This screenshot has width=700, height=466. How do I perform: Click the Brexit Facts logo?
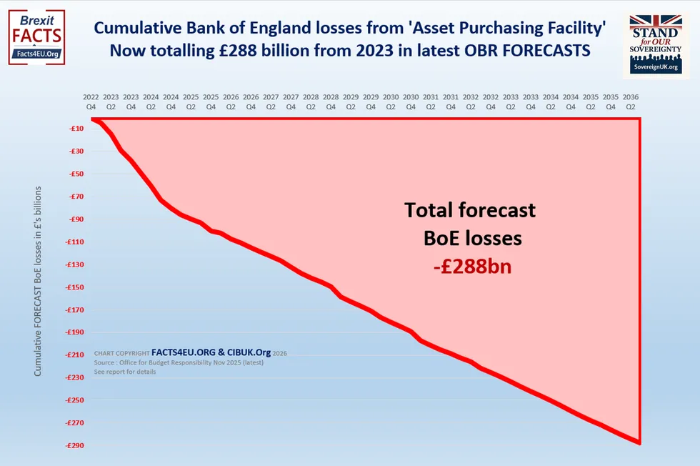[36, 37]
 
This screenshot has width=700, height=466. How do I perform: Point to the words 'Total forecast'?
[470, 210]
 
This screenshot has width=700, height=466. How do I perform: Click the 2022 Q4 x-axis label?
[91, 101]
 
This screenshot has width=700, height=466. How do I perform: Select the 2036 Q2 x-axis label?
[631, 101]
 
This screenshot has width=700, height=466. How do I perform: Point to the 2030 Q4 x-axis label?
[411, 101]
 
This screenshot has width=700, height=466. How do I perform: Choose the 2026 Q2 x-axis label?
[231, 101]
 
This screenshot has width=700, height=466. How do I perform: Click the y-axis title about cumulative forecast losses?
[37, 282]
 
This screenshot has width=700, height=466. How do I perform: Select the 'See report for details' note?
[125, 372]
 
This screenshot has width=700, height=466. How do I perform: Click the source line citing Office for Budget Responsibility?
[179, 362]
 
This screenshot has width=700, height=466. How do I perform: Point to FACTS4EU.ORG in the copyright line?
[184, 352]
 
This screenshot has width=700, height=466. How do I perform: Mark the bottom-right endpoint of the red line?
[639, 442]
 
